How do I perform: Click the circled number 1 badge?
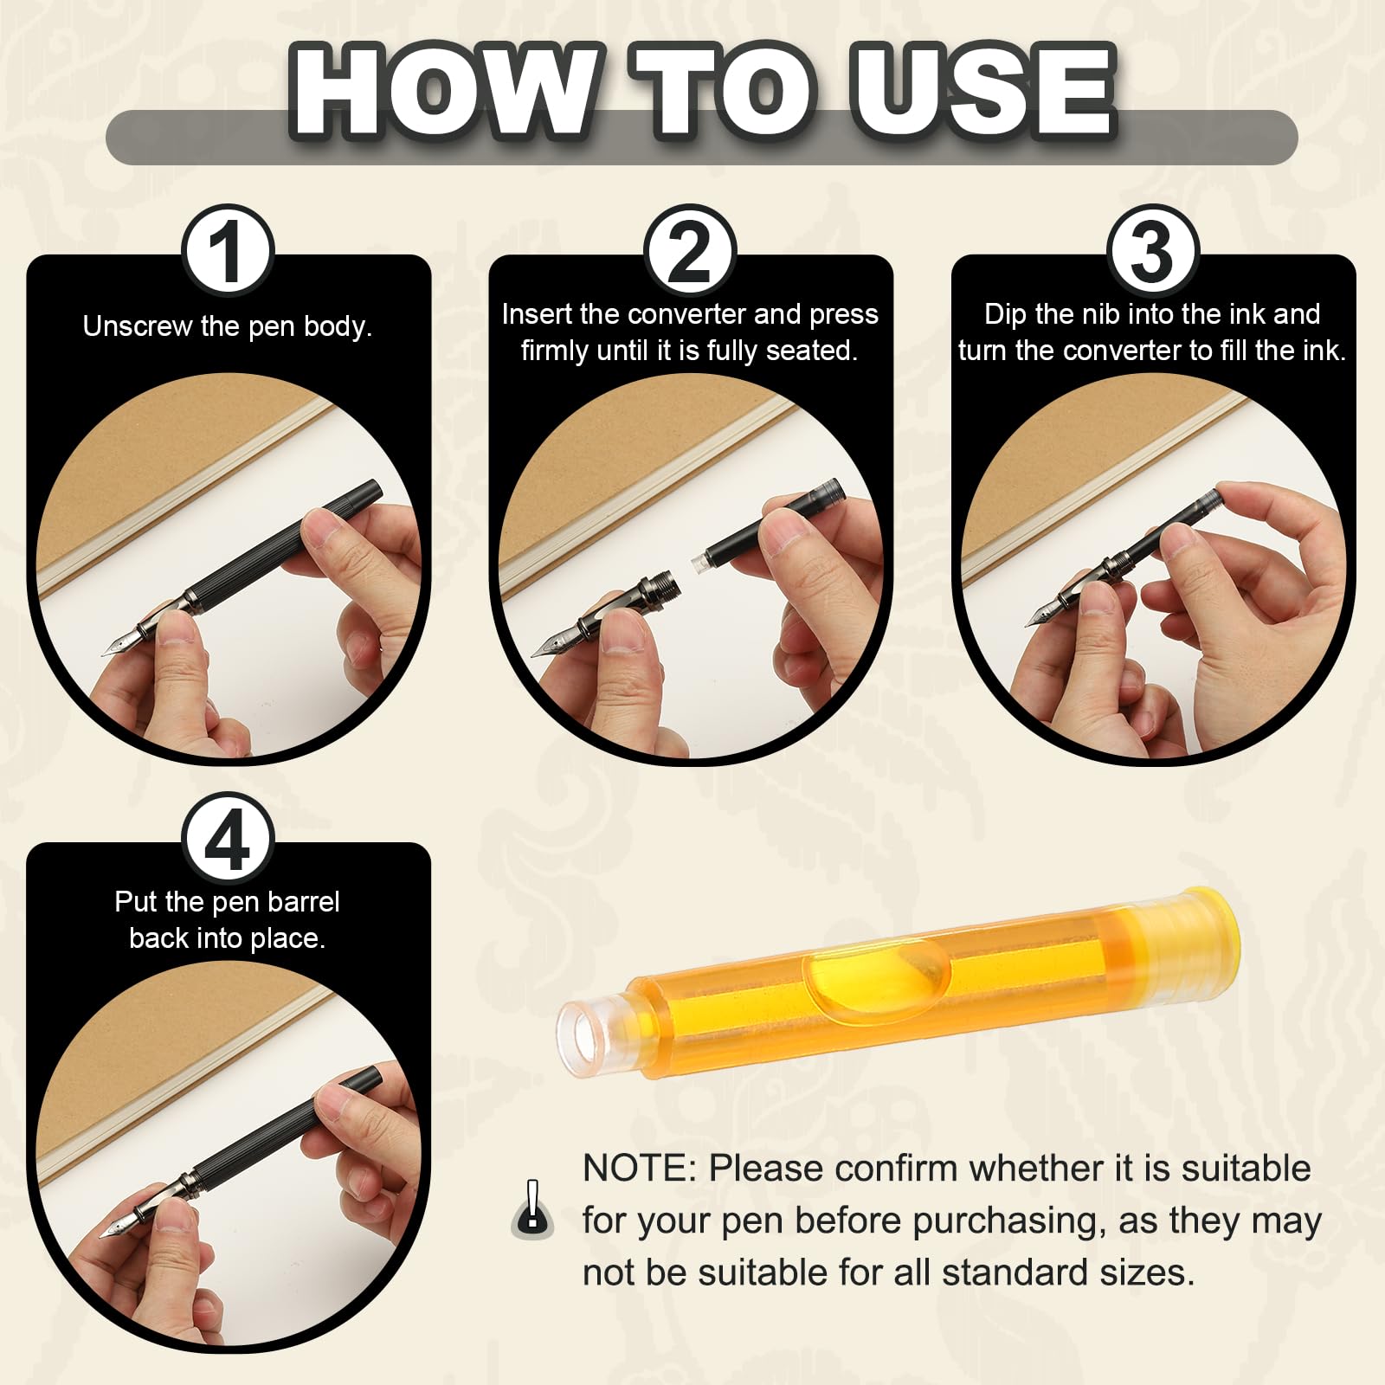[228, 251]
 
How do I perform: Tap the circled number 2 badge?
[690, 251]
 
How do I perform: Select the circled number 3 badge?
[1152, 251]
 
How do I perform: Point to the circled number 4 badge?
[228, 838]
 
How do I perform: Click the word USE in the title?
[984, 91]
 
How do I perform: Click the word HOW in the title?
[444, 91]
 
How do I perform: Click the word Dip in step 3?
[1004, 315]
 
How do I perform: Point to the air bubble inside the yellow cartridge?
[874, 982]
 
